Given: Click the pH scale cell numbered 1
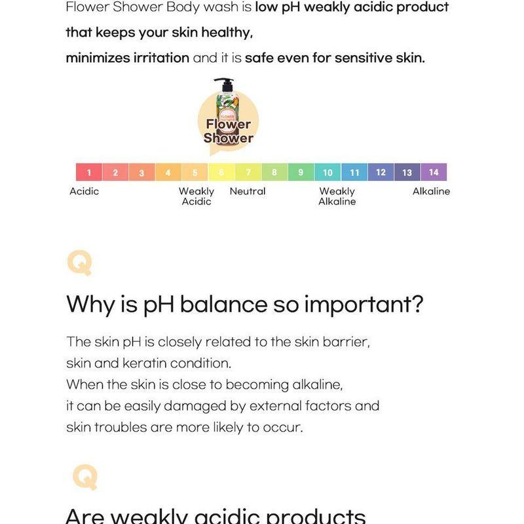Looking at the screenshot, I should pyautogui.click(x=89, y=173).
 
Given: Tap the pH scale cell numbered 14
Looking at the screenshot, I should pyautogui.click(x=434, y=172).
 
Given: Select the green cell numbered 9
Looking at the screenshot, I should pyautogui.click(x=301, y=173).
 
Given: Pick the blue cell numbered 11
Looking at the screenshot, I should pyautogui.click(x=354, y=173).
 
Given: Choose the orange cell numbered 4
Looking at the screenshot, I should pyautogui.click(x=168, y=173).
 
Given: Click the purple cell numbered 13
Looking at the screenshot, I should pyautogui.click(x=407, y=173).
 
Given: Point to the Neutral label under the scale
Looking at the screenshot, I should pyautogui.click(x=248, y=191).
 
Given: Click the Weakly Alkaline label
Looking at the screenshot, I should pyautogui.click(x=337, y=196).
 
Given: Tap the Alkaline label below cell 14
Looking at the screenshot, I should pyautogui.click(x=431, y=191).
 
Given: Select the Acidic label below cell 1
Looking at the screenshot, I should pyautogui.click(x=84, y=191).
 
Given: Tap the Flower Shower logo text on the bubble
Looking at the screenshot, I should pyautogui.click(x=228, y=131).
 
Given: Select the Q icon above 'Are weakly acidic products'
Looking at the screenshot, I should pyautogui.click(x=85, y=476).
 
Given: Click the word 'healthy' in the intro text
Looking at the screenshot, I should pyautogui.click(x=219, y=32).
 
